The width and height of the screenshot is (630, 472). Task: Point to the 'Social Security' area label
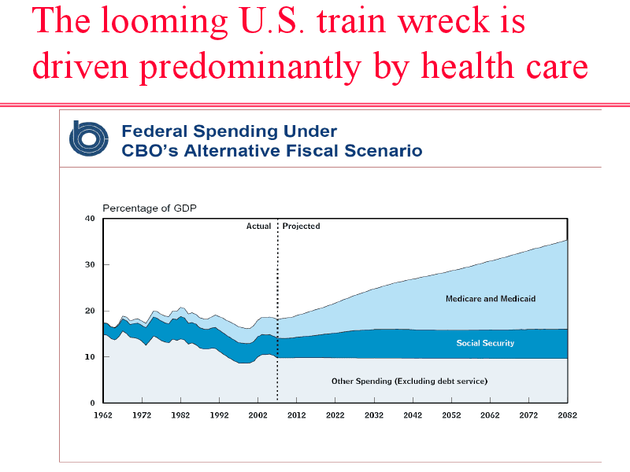pos(485,343)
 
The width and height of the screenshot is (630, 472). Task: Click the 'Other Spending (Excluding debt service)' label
pos(409,382)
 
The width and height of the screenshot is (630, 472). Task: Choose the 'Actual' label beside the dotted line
pos(258,227)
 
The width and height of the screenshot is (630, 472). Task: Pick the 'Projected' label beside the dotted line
pos(302,227)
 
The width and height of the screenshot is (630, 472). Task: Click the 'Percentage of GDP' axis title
pos(150,208)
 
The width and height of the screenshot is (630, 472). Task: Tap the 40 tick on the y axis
pos(90,219)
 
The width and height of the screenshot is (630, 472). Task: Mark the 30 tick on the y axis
pos(90,265)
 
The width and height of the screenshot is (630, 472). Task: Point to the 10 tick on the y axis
pos(90,357)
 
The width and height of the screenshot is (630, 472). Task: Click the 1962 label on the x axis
pos(103,415)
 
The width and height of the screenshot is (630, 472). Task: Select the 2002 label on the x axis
pos(258,415)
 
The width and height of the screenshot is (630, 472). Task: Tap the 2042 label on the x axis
pos(413,415)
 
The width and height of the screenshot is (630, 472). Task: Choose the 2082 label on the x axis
pos(567,415)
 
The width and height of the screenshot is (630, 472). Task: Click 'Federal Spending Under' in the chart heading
pos(228,131)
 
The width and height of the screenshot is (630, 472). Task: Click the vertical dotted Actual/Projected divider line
pos(277,315)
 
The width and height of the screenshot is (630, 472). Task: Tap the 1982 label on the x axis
pos(180,415)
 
